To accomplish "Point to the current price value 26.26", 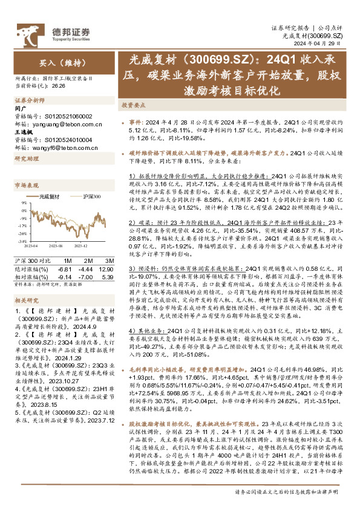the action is coord(58,86).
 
